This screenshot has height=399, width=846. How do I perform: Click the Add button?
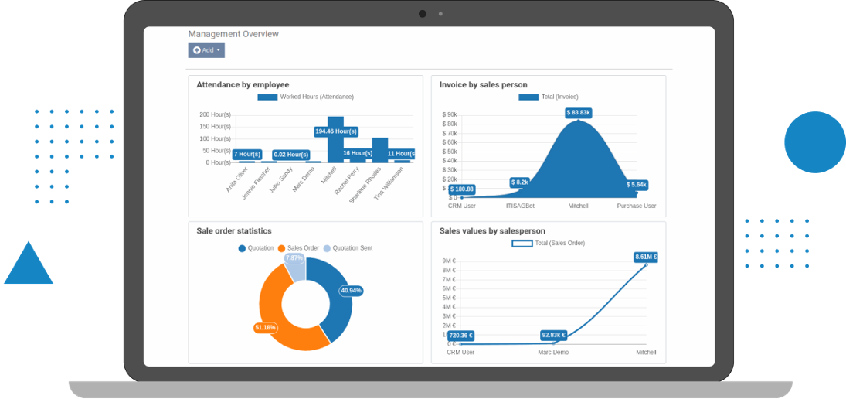pyautogui.click(x=206, y=50)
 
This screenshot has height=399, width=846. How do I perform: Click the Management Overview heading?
pyautogui.click(x=233, y=34)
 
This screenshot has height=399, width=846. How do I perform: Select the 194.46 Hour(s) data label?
pyautogui.click(x=335, y=131)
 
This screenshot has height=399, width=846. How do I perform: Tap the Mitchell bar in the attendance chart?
pyautogui.click(x=335, y=147)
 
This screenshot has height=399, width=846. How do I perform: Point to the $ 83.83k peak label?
pyautogui.click(x=578, y=113)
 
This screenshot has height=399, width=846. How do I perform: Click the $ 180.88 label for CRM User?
pyautogui.click(x=461, y=189)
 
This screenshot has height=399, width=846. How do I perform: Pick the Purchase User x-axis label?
pyautogui.click(x=636, y=206)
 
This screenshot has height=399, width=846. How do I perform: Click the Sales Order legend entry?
pyautogui.click(x=303, y=248)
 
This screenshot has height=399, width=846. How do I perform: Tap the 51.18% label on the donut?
pyautogui.click(x=265, y=328)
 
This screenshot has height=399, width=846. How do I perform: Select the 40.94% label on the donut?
pyautogui.click(x=351, y=291)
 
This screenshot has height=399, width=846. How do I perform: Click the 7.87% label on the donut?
pyautogui.click(x=294, y=258)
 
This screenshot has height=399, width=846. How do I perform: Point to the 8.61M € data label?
pyautogui.click(x=645, y=257)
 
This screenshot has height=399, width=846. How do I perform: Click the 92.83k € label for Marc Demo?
pyautogui.click(x=553, y=336)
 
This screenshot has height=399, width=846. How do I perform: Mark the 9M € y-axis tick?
pyautogui.click(x=448, y=261)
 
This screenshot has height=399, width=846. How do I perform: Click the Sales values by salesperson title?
pyautogui.click(x=492, y=230)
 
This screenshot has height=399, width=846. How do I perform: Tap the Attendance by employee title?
pyautogui.click(x=243, y=84)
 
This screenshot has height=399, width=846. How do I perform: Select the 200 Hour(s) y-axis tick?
pyautogui.click(x=215, y=114)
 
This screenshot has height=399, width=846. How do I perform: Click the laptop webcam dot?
pyautogui.click(x=423, y=14)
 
